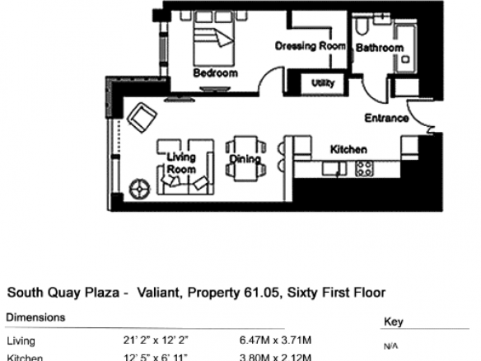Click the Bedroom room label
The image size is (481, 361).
point(215,73)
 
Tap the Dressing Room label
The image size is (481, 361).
point(311,46)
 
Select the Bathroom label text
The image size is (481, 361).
point(380,48)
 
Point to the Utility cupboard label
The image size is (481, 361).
point(323,83)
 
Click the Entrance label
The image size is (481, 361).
point(386,118)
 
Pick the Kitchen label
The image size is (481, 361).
point(348,149)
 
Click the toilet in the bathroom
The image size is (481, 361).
point(361,26)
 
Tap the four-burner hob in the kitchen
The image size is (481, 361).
point(364,169)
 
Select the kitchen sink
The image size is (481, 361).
point(334,169)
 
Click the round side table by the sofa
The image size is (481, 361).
point(140,189)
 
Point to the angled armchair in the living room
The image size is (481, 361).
point(142,118)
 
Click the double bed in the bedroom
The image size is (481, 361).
point(214,39)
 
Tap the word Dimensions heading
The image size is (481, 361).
point(35,317)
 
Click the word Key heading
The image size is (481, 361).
point(393,321)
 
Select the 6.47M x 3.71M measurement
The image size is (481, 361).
point(275,340)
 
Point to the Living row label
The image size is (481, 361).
point(21,341)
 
